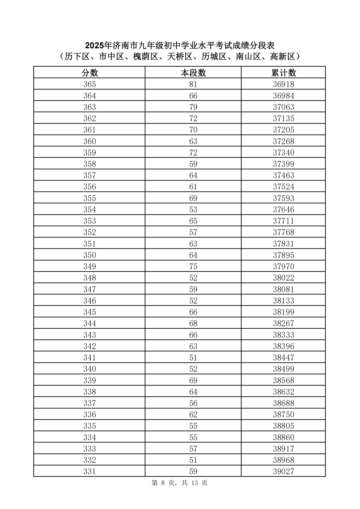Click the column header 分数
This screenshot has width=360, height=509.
90,73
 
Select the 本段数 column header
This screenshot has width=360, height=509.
193,73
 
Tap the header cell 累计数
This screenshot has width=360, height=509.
284,73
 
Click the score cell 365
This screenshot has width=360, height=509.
90,84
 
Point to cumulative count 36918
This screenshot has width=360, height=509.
284,84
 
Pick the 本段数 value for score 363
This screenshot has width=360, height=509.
193,107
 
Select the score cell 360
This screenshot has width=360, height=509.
90,141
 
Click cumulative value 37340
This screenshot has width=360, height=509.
284,153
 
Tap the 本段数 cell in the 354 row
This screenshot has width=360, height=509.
193,210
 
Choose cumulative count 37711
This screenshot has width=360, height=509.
284,221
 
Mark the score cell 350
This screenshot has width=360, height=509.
90,255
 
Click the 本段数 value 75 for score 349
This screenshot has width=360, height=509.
193,266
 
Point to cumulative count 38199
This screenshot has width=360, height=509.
284,312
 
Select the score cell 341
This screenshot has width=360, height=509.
90,357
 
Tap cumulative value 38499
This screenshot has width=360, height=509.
284,369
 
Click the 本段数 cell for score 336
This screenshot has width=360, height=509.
193,414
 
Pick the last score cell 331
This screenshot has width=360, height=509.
90,471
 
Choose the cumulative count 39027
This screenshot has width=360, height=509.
284,471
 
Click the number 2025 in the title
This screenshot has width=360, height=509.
94,45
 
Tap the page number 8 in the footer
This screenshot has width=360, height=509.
163,483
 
